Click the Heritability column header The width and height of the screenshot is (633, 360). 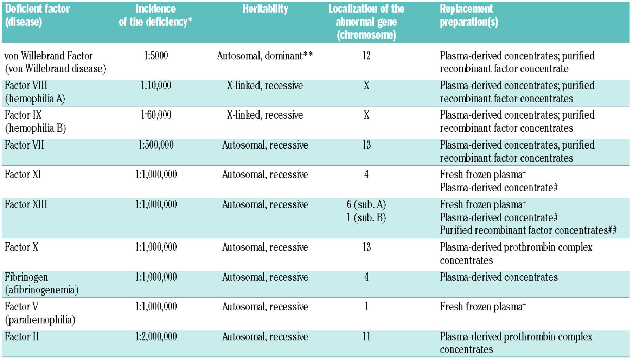(265, 9)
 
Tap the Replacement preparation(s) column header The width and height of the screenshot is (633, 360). (468, 15)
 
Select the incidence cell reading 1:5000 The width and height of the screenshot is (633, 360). (156, 56)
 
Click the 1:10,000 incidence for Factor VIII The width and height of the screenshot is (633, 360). (156, 86)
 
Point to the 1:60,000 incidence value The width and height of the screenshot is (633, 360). (156, 115)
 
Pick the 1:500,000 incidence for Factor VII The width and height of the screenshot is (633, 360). (156, 145)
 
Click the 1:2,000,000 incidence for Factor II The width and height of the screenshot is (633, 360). (156, 337)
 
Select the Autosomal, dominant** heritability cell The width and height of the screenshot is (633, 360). (264, 56)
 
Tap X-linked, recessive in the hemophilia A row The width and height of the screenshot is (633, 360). (264, 86)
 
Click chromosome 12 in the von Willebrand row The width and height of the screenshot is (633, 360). (366, 56)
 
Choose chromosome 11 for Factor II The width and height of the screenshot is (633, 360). (366, 337)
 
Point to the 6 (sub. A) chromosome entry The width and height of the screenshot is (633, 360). (366, 204)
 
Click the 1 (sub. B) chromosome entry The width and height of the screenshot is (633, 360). (366, 218)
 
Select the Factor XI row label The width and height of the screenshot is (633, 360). (23, 175)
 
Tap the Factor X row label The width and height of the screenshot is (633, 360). (21, 247)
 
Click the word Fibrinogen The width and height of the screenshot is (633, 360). (26, 277)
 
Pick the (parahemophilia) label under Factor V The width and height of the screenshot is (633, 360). (40, 320)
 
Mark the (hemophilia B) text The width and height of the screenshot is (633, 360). (36, 128)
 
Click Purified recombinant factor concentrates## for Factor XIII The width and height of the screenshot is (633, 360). (528, 230)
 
